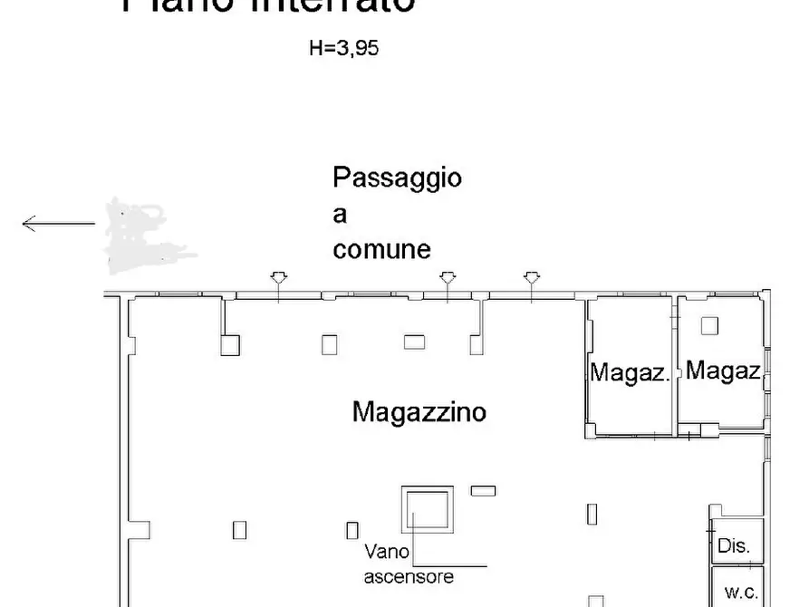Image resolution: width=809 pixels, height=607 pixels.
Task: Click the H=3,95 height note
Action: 343,49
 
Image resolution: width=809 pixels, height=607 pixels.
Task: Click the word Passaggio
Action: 397,178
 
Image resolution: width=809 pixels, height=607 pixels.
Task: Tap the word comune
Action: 381,249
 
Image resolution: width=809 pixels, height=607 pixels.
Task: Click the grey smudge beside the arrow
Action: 136,235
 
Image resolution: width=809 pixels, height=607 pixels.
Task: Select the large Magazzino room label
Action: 419,412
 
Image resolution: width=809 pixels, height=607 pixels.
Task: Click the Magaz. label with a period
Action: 630,372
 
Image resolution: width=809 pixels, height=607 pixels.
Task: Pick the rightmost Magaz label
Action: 722,370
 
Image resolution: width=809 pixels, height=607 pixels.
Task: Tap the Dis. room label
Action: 734,546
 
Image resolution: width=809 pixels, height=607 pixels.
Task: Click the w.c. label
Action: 740,593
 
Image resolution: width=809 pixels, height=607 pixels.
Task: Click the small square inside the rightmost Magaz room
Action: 709,325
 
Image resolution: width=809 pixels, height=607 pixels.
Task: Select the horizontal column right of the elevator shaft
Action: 483,490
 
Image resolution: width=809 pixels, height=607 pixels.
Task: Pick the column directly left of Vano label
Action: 352,530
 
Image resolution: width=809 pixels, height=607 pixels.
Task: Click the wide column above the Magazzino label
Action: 414,342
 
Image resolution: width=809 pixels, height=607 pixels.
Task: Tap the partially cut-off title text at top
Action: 269,5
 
